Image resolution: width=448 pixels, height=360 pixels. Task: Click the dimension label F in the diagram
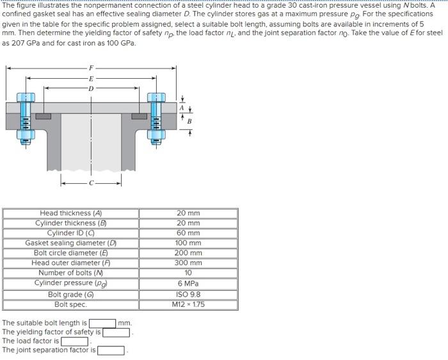tap(91, 68)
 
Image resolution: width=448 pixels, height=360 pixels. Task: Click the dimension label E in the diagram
tap(91, 78)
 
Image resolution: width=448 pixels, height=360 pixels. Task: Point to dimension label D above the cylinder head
tap(91, 88)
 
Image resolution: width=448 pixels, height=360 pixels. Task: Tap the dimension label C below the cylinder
tap(91, 183)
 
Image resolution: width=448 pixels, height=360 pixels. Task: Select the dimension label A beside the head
tap(182, 108)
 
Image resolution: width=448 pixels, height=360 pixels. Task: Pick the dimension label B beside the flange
tap(189, 121)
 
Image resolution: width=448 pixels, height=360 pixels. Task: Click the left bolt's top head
tap(26, 97)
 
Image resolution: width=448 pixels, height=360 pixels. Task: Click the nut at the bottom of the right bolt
tap(156, 134)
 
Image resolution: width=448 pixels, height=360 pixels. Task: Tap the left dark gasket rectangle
tap(44, 117)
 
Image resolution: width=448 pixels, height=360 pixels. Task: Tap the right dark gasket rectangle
tap(139, 117)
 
